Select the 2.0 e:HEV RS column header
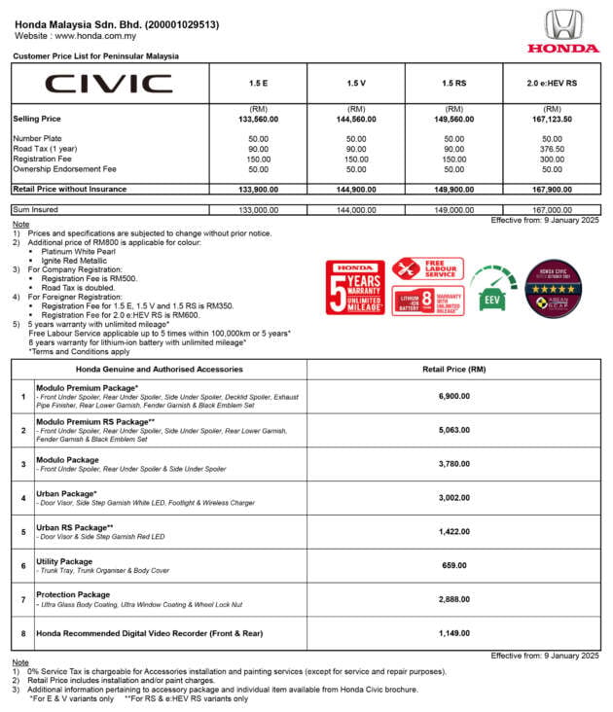pos(553,84)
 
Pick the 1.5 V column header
pos(356,84)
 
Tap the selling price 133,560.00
pos(259,119)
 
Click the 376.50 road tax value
pos(553,149)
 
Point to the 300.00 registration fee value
pos(553,159)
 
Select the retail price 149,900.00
pos(454,189)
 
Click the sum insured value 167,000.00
pos(553,209)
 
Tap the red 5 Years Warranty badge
pos(355,286)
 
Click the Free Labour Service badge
pos(427,269)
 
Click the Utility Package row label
pos(64,561)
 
